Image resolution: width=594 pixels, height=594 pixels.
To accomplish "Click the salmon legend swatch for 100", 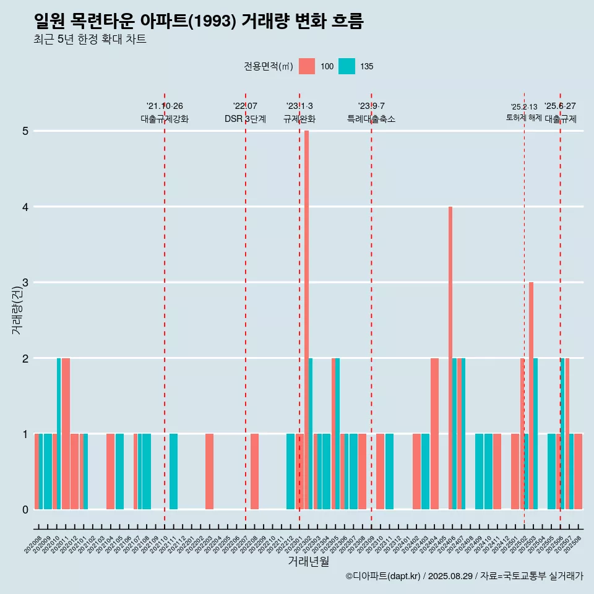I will pyautogui.click(x=307, y=66).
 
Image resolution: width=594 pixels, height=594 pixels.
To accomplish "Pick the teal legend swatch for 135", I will pyautogui.click(x=347, y=66).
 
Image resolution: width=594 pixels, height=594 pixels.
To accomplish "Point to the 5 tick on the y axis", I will pyautogui.click(x=25, y=131).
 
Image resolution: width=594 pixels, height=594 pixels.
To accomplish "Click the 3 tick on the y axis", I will pyautogui.click(x=25, y=283).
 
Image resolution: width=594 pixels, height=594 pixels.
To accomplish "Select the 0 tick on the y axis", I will pyautogui.click(x=25, y=509).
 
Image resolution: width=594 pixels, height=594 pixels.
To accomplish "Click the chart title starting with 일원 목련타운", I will pyautogui.click(x=199, y=22).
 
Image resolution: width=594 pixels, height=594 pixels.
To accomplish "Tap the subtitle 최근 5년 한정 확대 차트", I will pyautogui.click(x=90, y=40).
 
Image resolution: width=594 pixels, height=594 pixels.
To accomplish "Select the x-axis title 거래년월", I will pyautogui.click(x=308, y=561).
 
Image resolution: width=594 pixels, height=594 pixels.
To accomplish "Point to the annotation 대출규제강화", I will pyautogui.click(x=165, y=119).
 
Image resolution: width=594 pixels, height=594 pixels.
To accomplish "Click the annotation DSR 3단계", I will pyautogui.click(x=245, y=119).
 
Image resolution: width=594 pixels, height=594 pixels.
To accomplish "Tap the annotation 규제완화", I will pyautogui.click(x=299, y=119).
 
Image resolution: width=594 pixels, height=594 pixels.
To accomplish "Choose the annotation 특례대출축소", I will pyautogui.click(x=371, y=119).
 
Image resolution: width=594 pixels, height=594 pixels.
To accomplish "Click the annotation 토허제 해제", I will pyautogui.click(x=524, y=118).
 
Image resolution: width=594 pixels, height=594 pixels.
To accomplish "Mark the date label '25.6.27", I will pyautogui.click(x=560, y=106).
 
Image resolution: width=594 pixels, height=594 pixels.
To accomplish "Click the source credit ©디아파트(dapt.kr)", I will pyautogui.click(x=384, y=576).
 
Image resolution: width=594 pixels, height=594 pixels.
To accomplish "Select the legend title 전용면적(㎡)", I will pyautogui.click(x=269, y=66).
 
